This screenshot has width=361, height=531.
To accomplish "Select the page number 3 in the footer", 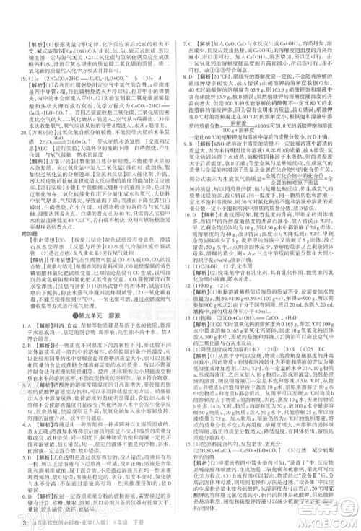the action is pos(6,522).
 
